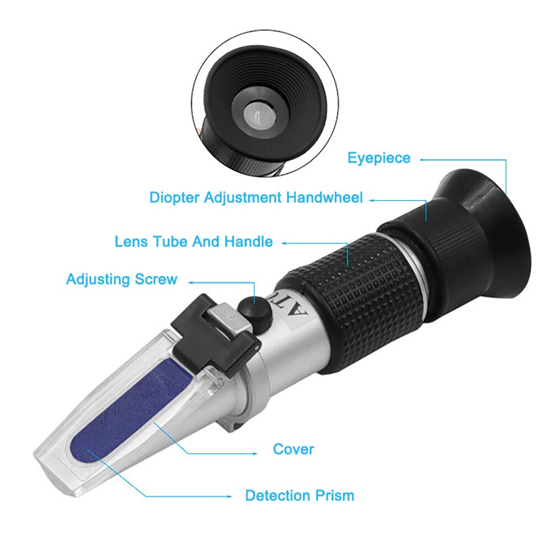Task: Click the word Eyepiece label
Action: tap(378, 158)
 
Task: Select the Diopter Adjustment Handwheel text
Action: tap(256, 197)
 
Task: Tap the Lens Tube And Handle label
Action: tap(194, 242)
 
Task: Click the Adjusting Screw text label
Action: tap(121, 278)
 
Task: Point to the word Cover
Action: tap(293, 449)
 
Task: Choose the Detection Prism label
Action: tap(299, 495)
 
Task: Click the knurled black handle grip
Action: tap(364, 298)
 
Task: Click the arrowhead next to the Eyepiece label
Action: tap(422, 160)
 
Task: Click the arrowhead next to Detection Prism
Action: tap(232, 496)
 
